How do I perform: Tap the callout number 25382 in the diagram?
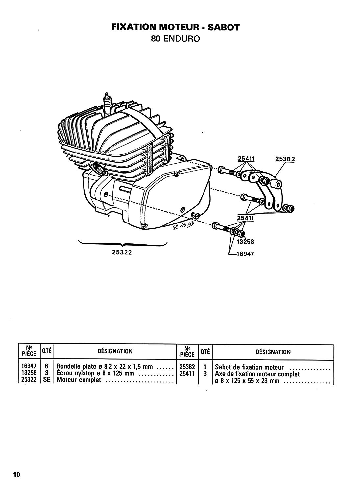click(285, 159)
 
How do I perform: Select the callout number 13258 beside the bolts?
click(245, 242)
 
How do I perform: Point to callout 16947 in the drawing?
click(245, 254)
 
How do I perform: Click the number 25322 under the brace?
click(122, 252)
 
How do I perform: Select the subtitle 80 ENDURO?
click(176, 39)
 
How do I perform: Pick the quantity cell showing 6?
click(47, 366)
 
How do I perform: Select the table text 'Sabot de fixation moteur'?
click(249, 367)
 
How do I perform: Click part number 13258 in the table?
click(29, 373)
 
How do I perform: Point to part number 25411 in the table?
click(187, 373)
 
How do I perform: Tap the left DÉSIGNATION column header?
click(115, 351)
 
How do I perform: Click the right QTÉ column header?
click(205, 351)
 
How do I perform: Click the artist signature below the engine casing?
click(183, 226)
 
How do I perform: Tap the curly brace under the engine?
click(123, 244)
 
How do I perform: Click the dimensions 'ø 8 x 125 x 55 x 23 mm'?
click(247, 381)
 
